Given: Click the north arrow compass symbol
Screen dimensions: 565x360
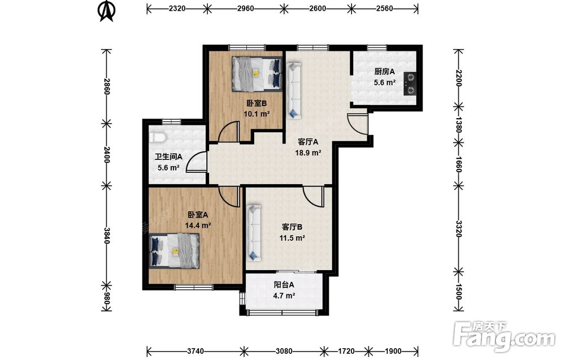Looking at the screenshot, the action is pos(107,11).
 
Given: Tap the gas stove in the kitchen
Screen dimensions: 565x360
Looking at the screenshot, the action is pos(410,84).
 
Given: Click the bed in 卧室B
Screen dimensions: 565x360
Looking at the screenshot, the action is pos(257,74).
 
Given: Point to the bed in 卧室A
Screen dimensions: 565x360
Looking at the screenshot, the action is pos(175,250).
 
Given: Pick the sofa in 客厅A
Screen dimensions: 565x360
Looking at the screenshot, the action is pos(294,91).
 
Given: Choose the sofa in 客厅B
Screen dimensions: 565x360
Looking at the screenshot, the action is pos(254,232).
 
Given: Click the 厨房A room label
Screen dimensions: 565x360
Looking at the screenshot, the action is pos(384,72).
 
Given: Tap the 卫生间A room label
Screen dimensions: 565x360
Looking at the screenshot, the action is pos(168,157).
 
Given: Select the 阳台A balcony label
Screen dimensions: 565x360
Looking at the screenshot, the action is pos(284,285).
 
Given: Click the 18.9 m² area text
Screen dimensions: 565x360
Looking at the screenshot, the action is pos(308,153).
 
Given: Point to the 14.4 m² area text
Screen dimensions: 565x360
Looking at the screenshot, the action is pos(198,226).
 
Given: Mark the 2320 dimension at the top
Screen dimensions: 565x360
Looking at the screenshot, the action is pos(177,8).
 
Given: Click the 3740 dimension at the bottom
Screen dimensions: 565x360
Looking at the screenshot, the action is pos(195,351).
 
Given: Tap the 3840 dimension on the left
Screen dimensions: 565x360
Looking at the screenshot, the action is pos(106,235).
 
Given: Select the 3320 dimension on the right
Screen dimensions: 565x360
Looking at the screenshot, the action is pos(458,228).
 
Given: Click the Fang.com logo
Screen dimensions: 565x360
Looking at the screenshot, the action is pos(504,336).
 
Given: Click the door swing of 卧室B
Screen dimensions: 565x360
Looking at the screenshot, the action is pos(229,132).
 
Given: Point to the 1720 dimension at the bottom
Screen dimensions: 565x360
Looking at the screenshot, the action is pos(346,351).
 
